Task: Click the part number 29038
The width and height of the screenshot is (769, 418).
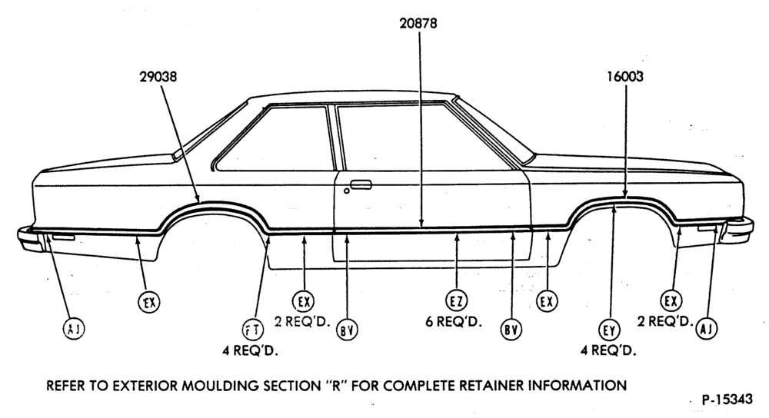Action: click(x=158, y=77)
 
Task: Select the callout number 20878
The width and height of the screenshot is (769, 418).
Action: click(x=418, y=23)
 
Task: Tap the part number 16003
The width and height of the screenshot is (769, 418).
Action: click(x=624, y=77)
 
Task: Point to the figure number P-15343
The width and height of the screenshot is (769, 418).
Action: click(x=727, y=400)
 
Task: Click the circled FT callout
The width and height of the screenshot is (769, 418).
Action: click(x=252, y=330)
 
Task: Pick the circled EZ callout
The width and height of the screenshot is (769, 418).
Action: click(x=457, y=300)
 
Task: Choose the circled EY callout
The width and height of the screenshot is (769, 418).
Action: click(x=608, y=330)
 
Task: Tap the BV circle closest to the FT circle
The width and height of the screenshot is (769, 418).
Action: click(x=347, y=330)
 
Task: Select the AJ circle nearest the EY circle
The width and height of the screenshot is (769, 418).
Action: click(x=706, y=328)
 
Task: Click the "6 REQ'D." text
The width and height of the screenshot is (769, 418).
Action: click(x=454, y=322)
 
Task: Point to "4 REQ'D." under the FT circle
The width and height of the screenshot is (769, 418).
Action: click(x=250, y=351)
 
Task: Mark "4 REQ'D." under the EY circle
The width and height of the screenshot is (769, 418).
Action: click(x=608, y=351)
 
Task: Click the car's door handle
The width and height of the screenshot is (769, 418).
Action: click(x=361, y=184)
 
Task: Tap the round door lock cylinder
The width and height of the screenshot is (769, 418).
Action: click(x=347, y=191)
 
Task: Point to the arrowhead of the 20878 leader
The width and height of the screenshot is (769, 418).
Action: click(x=421, y=224)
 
